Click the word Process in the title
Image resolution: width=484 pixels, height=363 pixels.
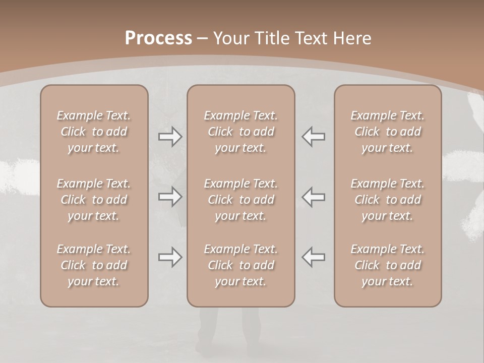pyautogui.click(x=158, y=38)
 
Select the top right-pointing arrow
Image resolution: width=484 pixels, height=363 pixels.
pyautogui.click(x=170, y=137)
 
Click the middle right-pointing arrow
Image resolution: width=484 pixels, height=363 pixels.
pyautogui.click(x=170, y=197)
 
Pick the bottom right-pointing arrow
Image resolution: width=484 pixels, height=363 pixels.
pyautogui.click(x=170, y=257)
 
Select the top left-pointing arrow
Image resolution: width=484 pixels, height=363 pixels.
pyautogui.click(x=313, y=137)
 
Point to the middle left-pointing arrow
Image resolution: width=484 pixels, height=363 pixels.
pyautogui.click(x=313, y=197)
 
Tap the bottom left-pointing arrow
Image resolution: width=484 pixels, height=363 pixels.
pyautogui.click(x=313, y=257)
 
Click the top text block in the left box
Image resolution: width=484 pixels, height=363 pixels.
pyautogui.click(x=94, y=132)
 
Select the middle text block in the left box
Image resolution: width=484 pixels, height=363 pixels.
pyautogui.click(x=94, y=200)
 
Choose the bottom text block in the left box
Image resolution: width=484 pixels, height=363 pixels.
pyautogui.click(x=94, y=265)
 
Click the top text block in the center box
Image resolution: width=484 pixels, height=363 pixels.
pyautogui.click(x=240, y=132)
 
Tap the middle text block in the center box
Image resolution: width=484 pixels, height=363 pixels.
pyautogui.click(x=240, y=200)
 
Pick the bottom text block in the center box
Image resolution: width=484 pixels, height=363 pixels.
pyautogui.click(x=240, y=265)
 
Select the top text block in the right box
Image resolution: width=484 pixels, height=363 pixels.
pyautogui.click(x=388, y=132)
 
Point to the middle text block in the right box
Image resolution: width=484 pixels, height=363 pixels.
pyautogui.click(x=388, y=200)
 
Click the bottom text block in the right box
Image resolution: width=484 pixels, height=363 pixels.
pyautogui.click(x=388, y=265)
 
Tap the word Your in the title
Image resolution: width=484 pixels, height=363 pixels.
pyautogui.click(x=230, y=38)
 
